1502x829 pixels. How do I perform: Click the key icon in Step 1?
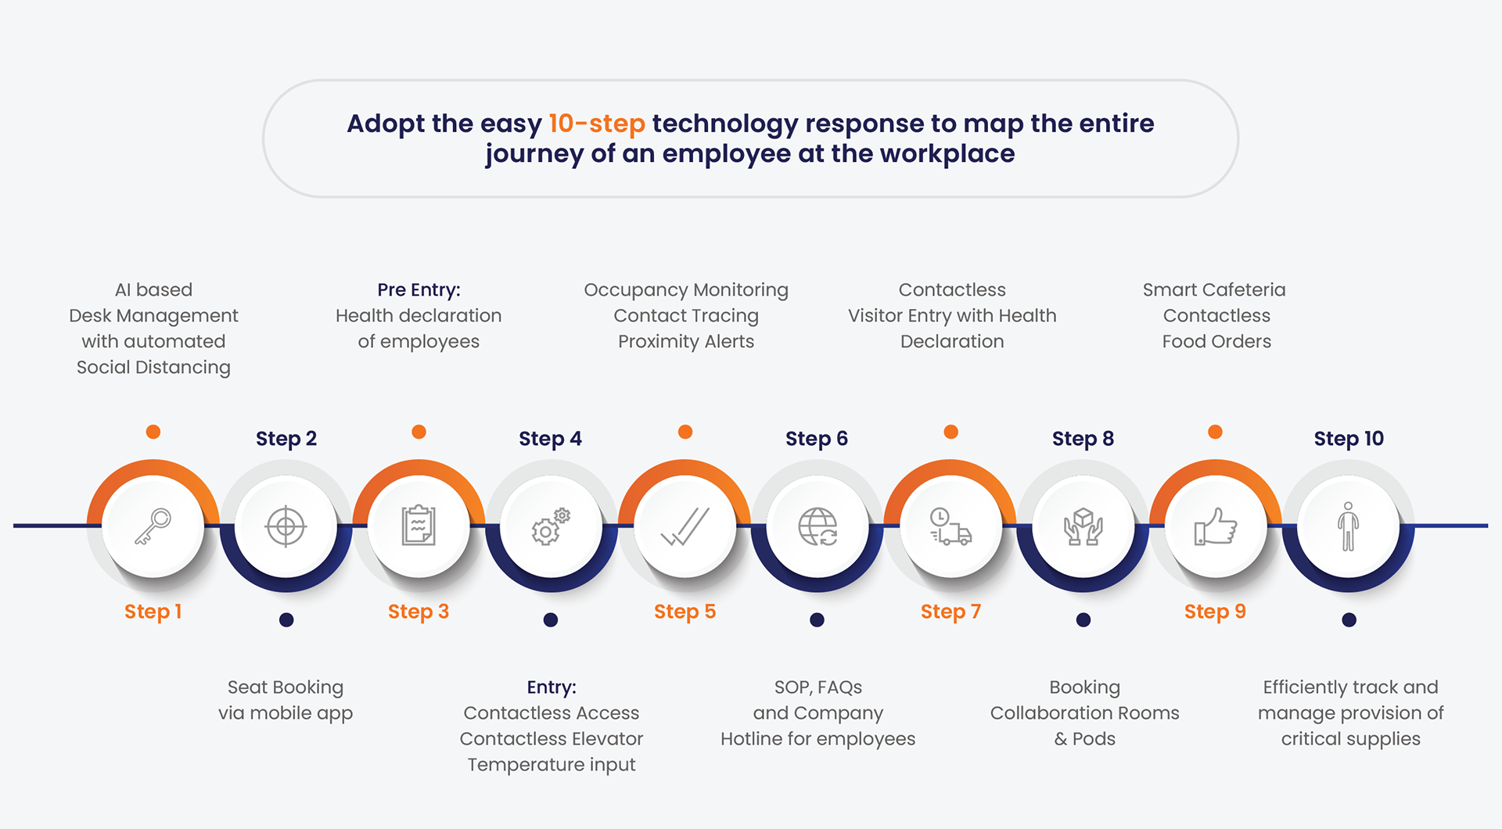[153, 526]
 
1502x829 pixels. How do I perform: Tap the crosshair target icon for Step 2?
[286, 526]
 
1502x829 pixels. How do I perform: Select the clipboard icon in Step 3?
[419, 526]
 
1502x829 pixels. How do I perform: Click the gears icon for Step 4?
[551, 526]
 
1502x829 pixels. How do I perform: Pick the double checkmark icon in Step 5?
[685, 526]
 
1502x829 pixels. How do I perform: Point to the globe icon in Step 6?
[817, 526]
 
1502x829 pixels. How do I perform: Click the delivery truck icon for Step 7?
[950, 526]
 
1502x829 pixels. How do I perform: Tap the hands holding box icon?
[1083, 526]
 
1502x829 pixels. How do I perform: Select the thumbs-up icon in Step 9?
[1216, 526]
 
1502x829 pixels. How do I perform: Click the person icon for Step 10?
[1349, 526]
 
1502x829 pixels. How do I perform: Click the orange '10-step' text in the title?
[597, 124]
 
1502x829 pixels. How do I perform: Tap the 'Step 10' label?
[1349, 439]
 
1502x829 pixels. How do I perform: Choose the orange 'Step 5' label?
[685, 612]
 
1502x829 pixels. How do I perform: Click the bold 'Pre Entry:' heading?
[419, 290]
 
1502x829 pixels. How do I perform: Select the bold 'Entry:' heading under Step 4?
[552, 687]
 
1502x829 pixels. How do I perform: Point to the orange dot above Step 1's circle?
[153, 432]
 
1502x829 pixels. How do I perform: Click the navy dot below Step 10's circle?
[1349, 620]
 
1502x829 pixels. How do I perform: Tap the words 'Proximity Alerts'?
[686, 342]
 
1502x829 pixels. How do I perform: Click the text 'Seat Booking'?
[286, 687]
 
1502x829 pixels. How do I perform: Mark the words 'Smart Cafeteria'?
[1214, 290]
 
